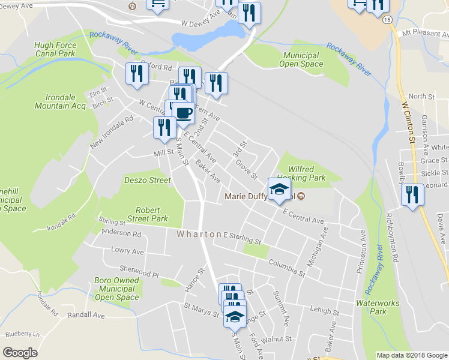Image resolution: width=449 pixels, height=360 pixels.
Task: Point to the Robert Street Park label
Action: tap(143, 215)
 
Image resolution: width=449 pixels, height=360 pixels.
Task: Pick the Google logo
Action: tap(20, 353)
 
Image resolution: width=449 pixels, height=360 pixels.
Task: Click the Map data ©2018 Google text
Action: tap(411, 355)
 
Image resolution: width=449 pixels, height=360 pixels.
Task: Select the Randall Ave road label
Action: tap(86, 315)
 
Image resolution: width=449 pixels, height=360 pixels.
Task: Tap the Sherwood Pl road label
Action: tap(138, 273)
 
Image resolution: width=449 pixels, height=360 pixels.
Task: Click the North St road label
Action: tap(421, 97)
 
